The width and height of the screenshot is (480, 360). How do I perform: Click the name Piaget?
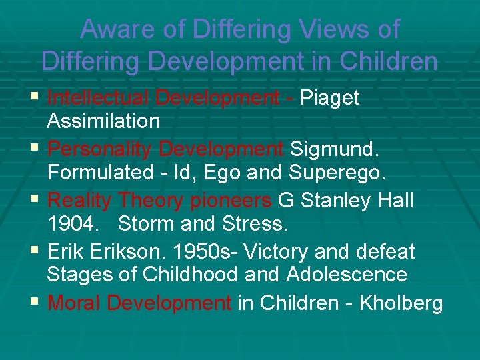(x=330, y=98)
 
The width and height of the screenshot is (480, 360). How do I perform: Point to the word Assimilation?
(x=103, y=121)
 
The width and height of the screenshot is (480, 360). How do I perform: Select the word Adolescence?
(x=347, y=274)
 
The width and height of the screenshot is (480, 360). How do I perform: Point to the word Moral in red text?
(x=75, y=303)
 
